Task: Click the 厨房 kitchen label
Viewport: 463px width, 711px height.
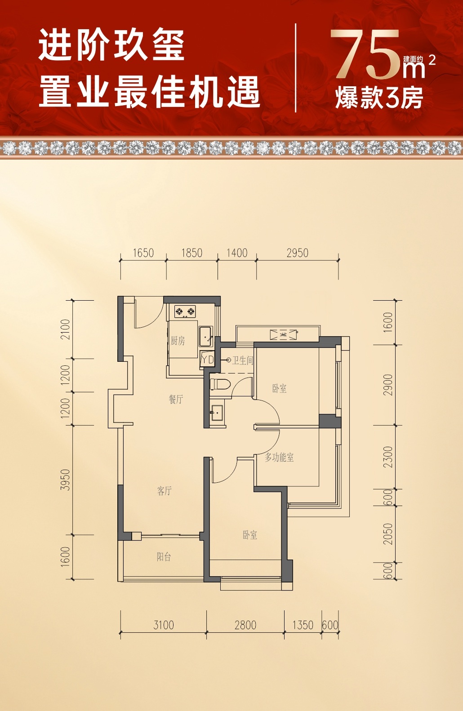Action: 178,341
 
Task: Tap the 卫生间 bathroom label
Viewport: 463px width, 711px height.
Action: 243,360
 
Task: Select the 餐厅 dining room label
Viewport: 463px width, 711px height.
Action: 176,399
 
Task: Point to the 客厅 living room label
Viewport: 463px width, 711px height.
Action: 164,491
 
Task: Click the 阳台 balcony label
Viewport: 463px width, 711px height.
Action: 164,556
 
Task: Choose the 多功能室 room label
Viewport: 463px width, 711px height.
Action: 280,458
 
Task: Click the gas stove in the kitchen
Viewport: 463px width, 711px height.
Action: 185,311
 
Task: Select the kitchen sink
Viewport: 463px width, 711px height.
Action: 207,336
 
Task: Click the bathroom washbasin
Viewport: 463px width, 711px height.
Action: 217,413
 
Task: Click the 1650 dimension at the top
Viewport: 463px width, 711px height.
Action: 143,253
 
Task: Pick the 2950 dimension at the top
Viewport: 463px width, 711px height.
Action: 298,253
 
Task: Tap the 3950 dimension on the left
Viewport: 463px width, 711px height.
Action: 66,480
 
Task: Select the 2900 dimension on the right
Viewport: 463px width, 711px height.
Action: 388,385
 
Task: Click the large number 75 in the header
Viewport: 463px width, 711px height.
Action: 365,54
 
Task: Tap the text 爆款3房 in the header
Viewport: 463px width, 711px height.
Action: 379,98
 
